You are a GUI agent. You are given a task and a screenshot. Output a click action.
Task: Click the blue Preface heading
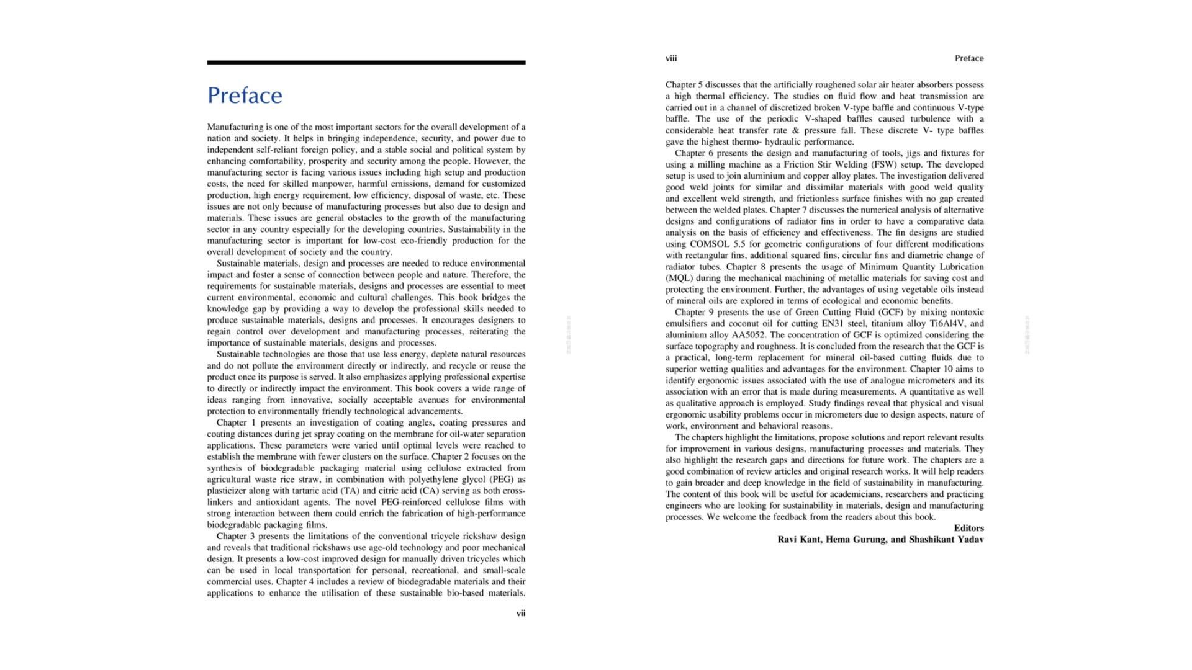coord(245,96)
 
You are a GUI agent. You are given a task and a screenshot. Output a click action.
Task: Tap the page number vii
coord(520,614)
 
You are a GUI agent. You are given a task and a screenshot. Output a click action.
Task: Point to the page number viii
coord(671,58)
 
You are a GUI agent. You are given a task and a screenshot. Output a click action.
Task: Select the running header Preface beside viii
coord(968,58)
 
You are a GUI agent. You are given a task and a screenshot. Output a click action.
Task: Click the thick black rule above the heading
coord(366,63)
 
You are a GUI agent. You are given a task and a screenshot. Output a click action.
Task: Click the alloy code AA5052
coord(748,335)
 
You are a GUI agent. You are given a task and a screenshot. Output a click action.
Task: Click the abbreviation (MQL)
coord(679,278)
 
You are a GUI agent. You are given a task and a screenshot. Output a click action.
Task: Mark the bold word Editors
coord(968,528)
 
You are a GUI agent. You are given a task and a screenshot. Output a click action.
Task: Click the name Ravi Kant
coord(800,540)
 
